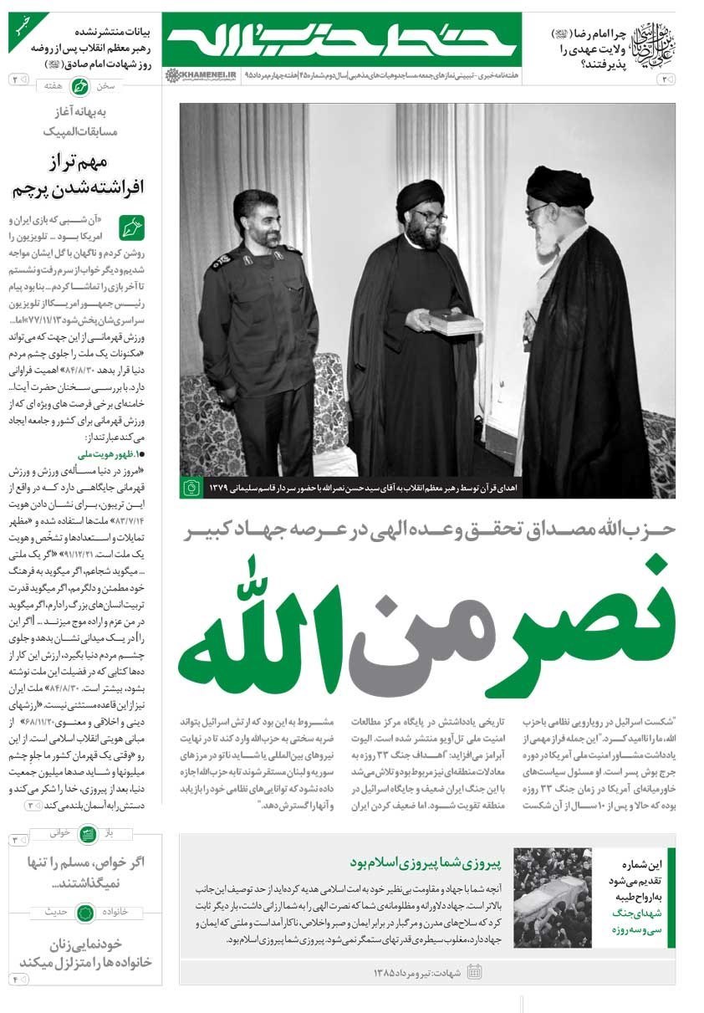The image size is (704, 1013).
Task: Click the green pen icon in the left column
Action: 131,228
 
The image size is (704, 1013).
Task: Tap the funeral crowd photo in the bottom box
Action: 552,898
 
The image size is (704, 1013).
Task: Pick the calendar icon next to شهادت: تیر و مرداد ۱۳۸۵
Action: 475,971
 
